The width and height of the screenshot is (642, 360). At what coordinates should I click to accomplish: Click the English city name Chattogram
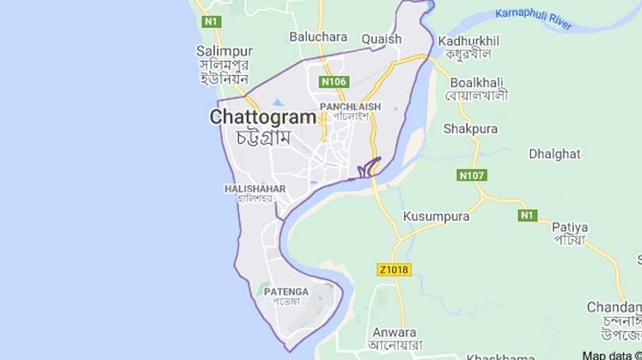click(262, 117)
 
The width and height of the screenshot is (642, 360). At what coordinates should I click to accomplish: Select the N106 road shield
click(334, 82)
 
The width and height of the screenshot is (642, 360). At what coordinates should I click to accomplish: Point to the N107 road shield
click(472, 175)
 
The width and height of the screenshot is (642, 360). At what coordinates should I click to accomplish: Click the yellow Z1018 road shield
click(394, 270)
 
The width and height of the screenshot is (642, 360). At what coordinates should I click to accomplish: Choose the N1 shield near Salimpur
click(211, 22)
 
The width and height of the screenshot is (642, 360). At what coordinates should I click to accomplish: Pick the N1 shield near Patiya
click(527, 215)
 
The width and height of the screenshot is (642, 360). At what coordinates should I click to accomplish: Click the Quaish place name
click(381, 40)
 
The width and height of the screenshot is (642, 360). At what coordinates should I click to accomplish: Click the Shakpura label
click(470, 128)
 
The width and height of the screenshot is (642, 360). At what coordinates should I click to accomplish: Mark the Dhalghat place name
click(555, 154)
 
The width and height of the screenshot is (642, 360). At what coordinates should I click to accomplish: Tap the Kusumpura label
click(436, 217)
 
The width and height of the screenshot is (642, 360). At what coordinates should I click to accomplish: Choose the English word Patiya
click(569, 227)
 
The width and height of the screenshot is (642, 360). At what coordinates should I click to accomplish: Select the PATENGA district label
click(286, 291)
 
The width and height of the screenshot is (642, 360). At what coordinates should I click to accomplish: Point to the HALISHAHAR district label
click(255, 188)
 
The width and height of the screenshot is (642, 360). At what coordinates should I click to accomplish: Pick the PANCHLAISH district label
click(350, 107)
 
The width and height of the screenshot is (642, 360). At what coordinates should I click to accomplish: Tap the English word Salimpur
click(224, 51)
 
